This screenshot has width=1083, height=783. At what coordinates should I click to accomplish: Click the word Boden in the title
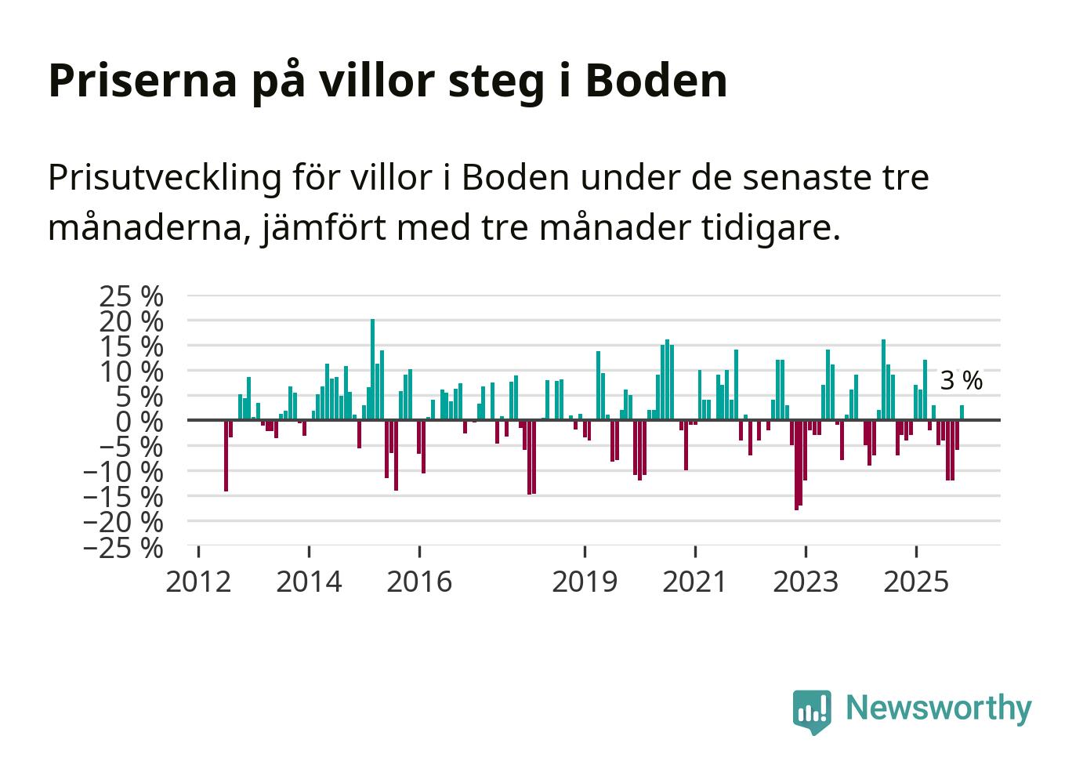tap(656, 80)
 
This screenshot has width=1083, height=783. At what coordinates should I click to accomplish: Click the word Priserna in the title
tap(141, 82)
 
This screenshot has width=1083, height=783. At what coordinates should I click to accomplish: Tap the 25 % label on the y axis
tap(131, 296)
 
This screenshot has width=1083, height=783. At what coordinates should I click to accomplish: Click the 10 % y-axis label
tap(131, 371)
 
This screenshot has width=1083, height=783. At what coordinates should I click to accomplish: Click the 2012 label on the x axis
tap(199, 582)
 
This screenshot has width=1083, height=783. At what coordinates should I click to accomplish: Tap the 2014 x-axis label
tap(309, 582)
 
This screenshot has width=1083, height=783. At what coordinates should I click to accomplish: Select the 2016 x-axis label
tap(419, 582)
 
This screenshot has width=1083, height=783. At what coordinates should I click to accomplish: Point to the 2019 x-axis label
tap(585, 582)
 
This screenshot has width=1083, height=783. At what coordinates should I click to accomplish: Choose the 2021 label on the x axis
tap(694, 582)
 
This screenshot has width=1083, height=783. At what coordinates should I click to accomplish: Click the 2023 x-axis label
tap(806, 582)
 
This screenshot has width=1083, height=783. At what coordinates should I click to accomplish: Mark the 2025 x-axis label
tap(915, 582)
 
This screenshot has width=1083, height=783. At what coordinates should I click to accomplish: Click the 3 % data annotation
tap(961, 382)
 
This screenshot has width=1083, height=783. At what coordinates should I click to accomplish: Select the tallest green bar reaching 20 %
tap(372, 368)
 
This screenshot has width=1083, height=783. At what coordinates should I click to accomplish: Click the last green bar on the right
tap(962, 412)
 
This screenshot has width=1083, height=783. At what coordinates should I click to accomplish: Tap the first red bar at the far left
tap(226, 455)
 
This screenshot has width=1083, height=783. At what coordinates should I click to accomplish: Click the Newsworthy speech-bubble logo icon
tap(811, 711)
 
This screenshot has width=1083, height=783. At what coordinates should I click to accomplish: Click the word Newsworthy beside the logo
tap(938, 708)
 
